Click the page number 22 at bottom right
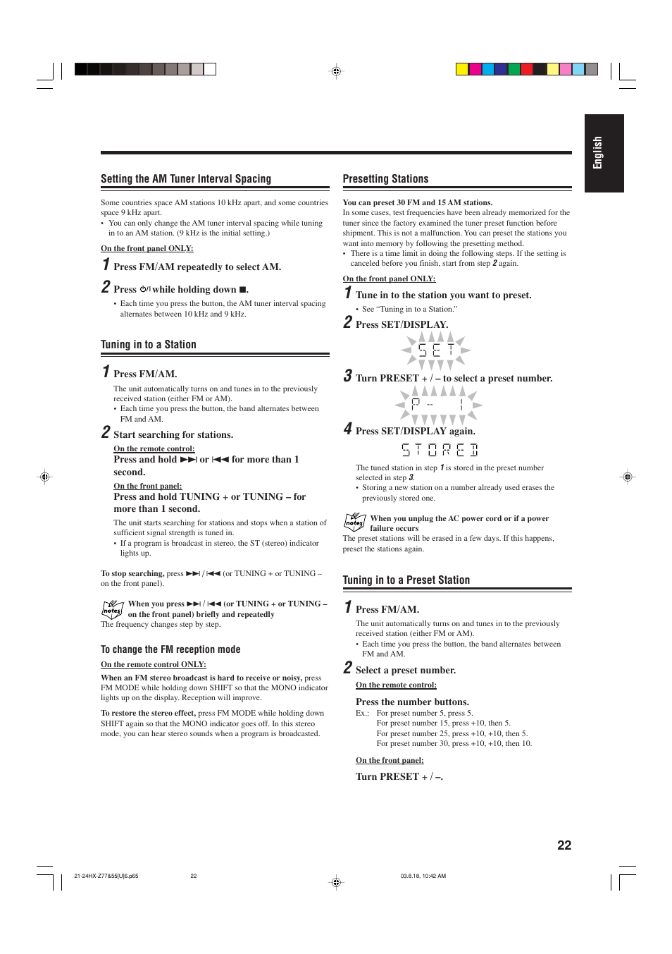564,845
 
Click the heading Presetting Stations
385,179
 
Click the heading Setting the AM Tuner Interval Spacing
186,179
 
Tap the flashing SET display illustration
436,350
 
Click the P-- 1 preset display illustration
437,405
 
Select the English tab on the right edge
603,153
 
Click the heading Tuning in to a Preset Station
406,580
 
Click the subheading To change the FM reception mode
170,649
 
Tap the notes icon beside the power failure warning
354,522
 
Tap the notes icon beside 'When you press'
112,609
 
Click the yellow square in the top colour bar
462,69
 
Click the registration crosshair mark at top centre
336,71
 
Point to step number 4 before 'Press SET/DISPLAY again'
347,429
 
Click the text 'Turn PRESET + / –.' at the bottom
399,777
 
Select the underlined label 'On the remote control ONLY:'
153,664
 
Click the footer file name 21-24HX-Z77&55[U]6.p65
106,876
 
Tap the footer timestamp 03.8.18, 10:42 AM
423,876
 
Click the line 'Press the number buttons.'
412,702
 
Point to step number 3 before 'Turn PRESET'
347,377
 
